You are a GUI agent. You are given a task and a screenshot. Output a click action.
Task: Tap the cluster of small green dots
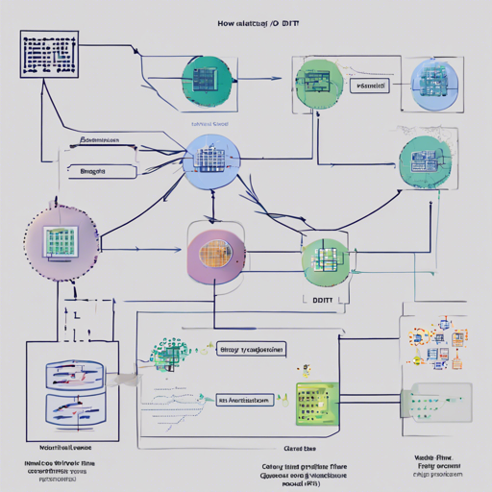point(169,355)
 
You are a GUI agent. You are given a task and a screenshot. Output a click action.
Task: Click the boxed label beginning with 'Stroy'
point(249,351)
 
